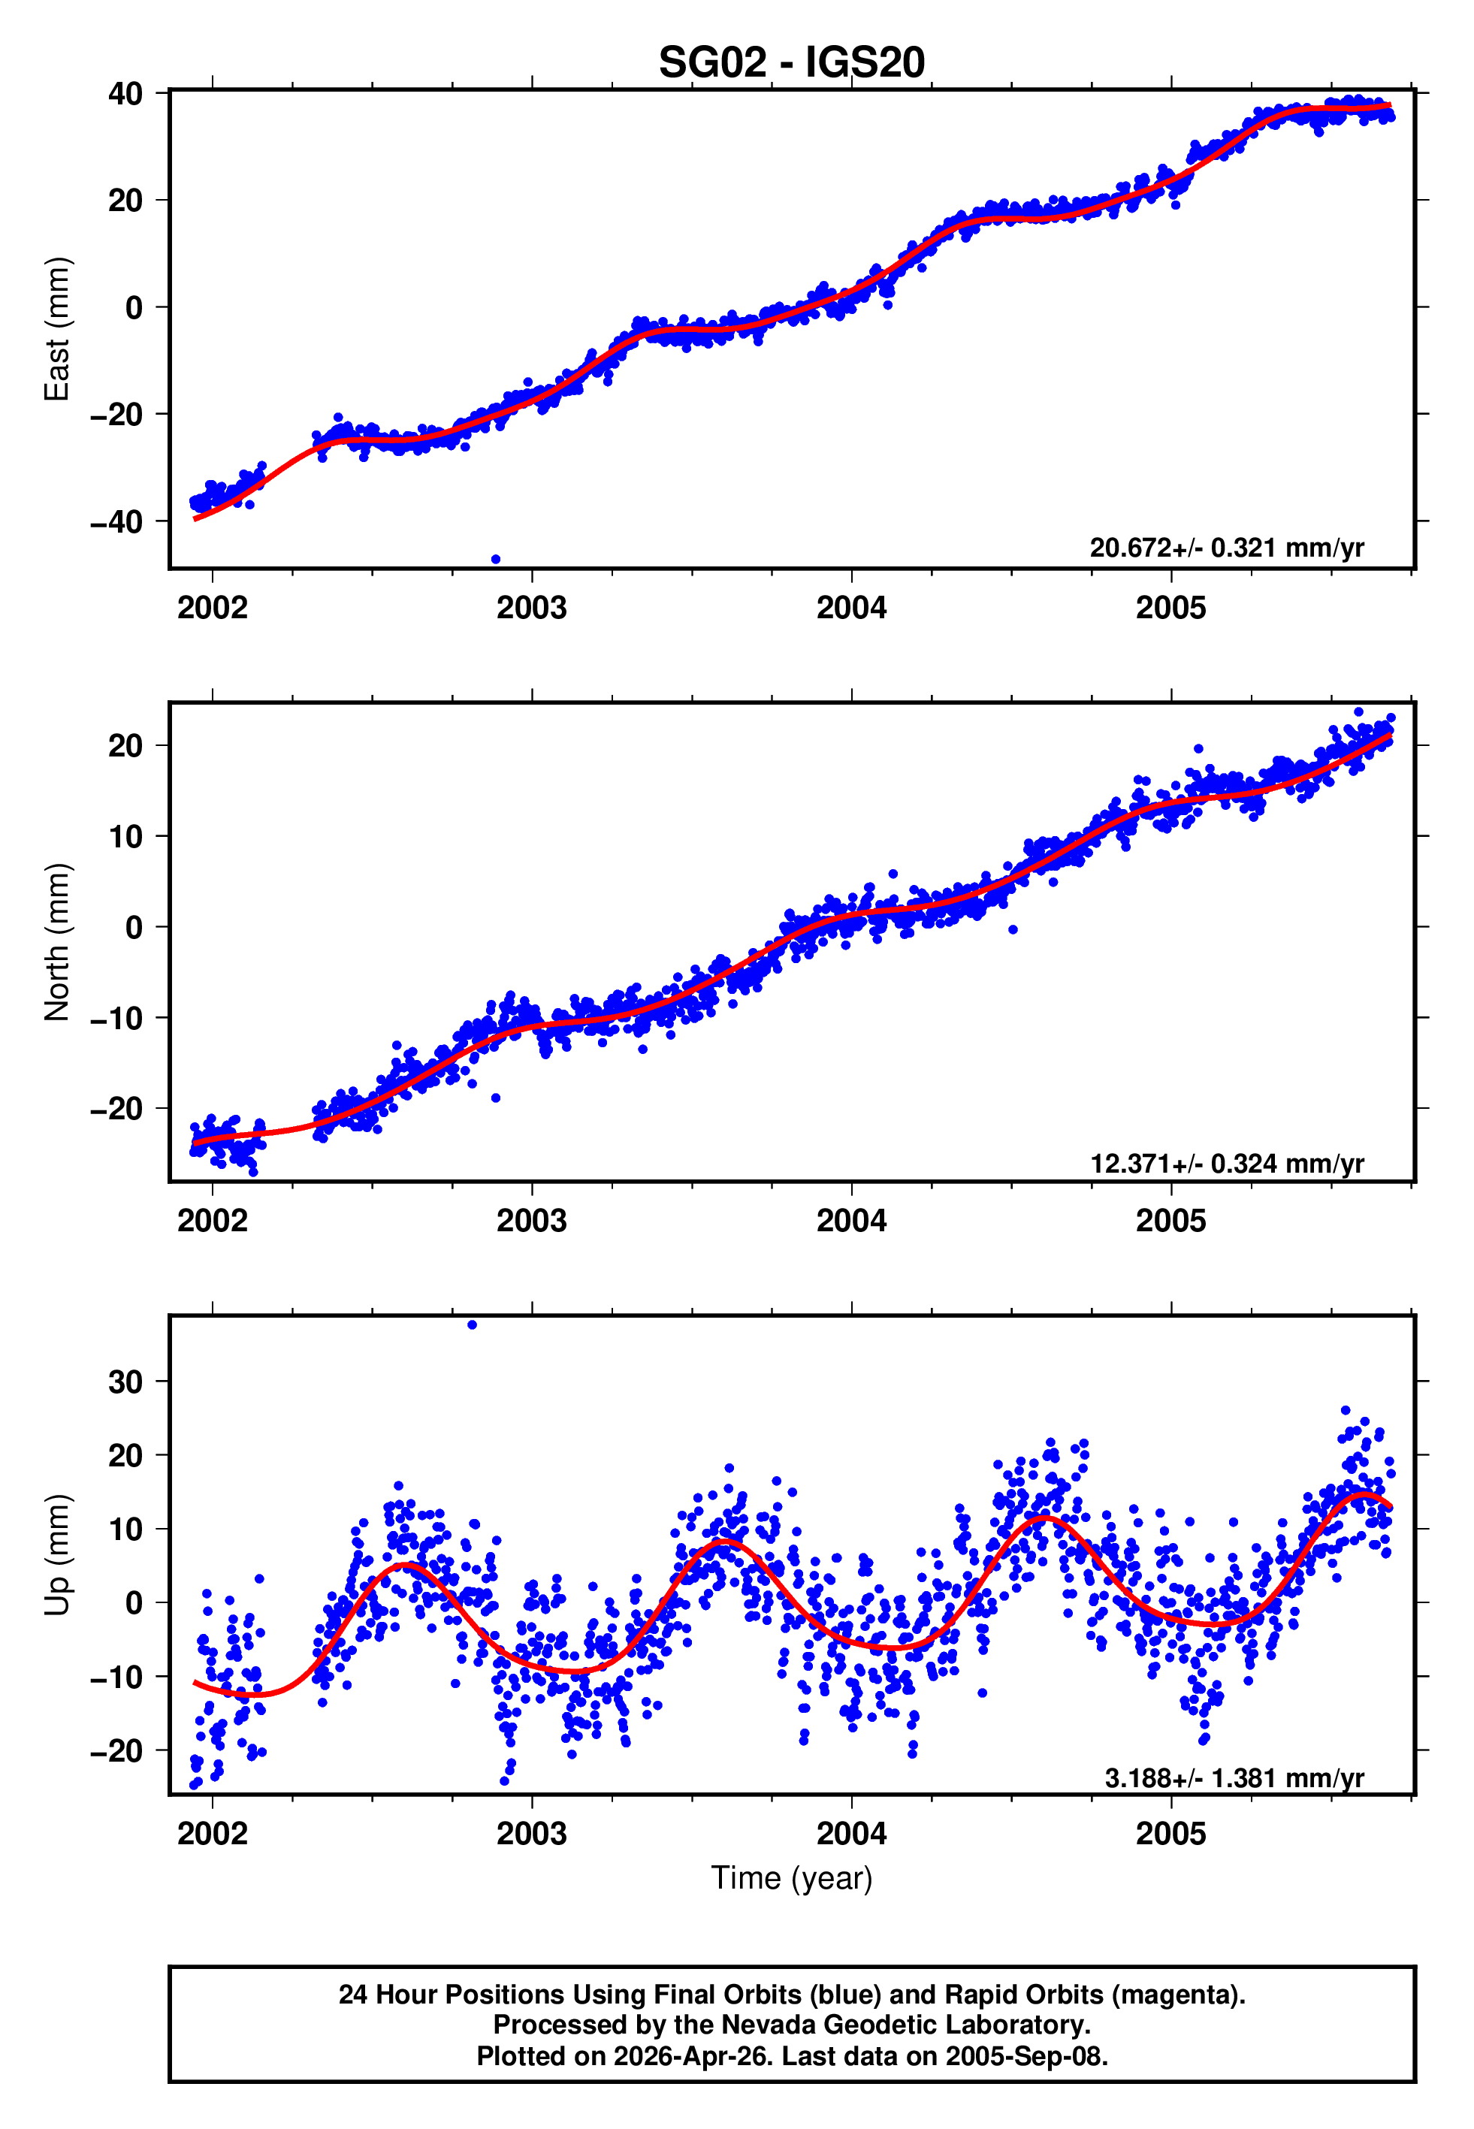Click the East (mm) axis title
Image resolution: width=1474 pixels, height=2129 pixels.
pos(57,329)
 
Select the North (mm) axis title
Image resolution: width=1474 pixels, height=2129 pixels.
pos(57,942)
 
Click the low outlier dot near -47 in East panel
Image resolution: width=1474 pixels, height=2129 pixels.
pos(496,560)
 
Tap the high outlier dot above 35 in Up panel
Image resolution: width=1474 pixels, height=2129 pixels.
pos(472,1325)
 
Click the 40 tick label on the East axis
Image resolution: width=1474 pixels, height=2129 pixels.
pos(125,94)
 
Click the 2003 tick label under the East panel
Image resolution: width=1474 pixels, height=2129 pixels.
pos(531,609)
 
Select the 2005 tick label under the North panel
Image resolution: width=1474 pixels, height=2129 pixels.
pos(1170,1222)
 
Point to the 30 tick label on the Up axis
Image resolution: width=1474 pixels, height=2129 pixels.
pos(125,1382)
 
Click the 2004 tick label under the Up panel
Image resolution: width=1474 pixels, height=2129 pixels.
pos(850,1834)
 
